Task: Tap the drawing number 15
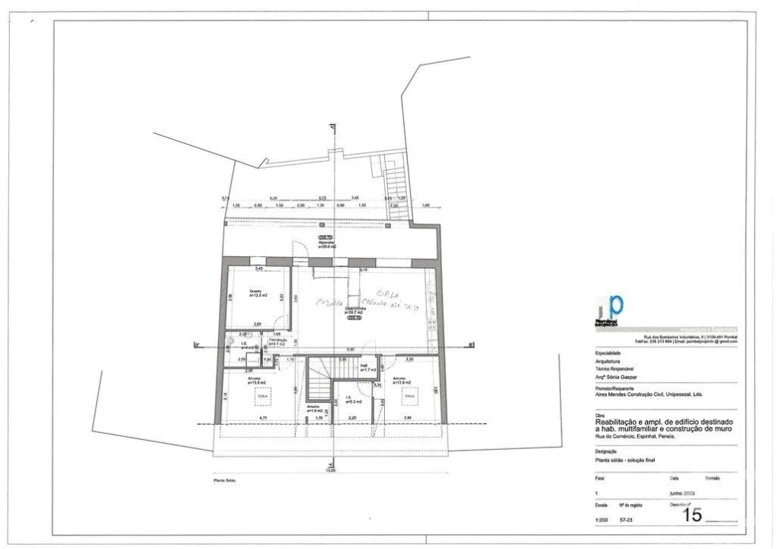point(691,515)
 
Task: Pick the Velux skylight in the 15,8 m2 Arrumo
point(262,396)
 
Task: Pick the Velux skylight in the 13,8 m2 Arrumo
point(409,396)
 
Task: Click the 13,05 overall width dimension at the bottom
point(330,470)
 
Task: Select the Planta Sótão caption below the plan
point(225,481)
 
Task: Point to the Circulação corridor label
point(277,341)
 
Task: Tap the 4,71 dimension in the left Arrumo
point(262,419)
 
